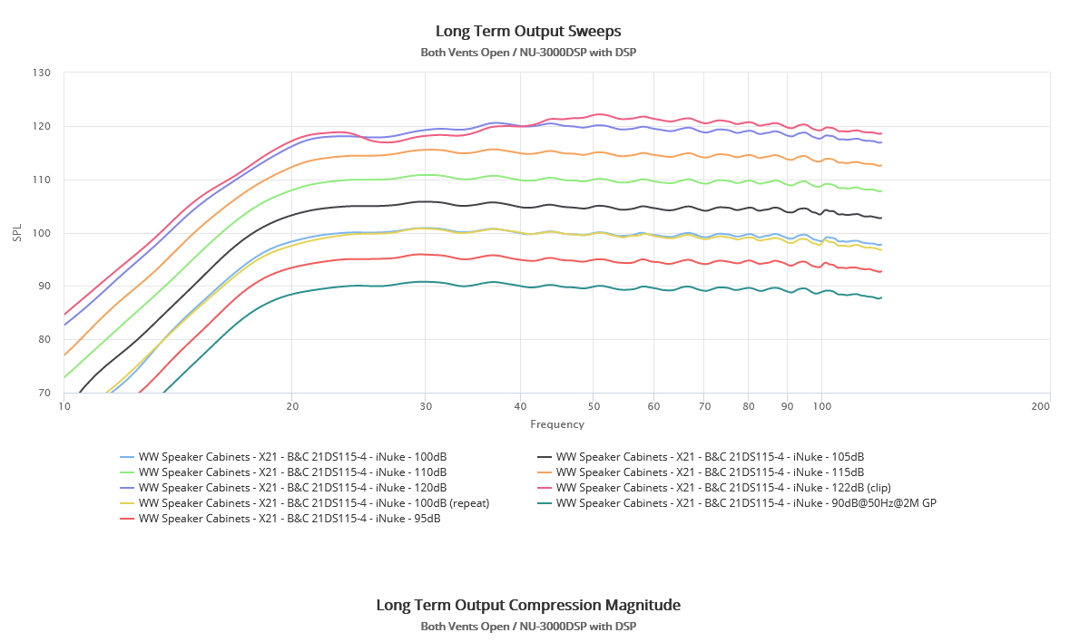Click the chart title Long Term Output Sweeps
pyautogui.click(x=528, y=31)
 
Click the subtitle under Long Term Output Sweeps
pyautogui.click(x=528, y=52)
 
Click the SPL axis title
pyautogui.click(x=17, y=233)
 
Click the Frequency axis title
pyautogui.click(x=557, y=424)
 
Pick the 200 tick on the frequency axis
pyautogui.click(x=1041, y=407)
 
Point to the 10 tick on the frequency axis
pyautogui.click(x=64, y=407)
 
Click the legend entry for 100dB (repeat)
pyautogui.click(x=313, y=503)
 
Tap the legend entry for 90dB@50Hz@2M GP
pyautogui.click(x=745, y=503)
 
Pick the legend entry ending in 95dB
pyautogui.click(x=289, y=519)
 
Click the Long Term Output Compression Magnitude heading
pyautogui.click(x=528, y=605)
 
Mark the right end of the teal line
pyautogui.click(x=881, y=297)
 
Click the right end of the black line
pyautogui.click(x=881, y=218)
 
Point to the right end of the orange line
pyautogui.click(x=881, y=165)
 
